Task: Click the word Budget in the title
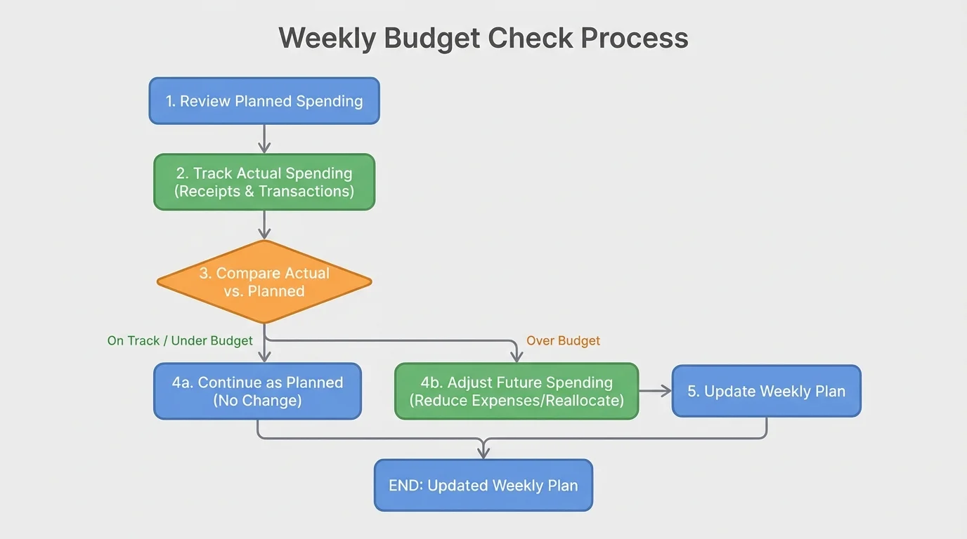pyautogui.click(x=431, y=38)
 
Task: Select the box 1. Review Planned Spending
pyautogui.click(x=264, y=101)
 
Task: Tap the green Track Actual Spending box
pyautogui.click(x=264, y=182)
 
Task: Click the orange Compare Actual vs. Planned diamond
pyautogui.click(x=264, y=282)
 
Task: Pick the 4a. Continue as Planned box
pyautogui.click(x=257, y=391)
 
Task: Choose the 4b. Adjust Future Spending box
pyautogui.click(x=517, y=391)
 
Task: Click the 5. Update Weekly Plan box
pyautogui.click(x=766, y=391)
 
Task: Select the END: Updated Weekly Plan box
pyautogui.click(x=483, y=485)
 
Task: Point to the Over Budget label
pyautogui.click(x=563, y=341)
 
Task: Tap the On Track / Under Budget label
pyautogui.click(x=180, y=341)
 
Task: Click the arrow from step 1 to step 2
pyautogui.click(x=264, y=139)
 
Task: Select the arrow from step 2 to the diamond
pyautogui.click(x=264, y=225)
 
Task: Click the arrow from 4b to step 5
pyautogui.click(x=655, y=391)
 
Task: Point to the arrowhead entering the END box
pyautogui.click(x=483, y=453)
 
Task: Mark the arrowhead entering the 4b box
pyautogui.click(x=517, y=357)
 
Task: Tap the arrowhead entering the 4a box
pyautogui.click(x=264, y=357)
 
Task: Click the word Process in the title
pyautogui.click(x=635, y=38)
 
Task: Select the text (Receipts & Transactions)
pyautogui.click(x=264, y=191)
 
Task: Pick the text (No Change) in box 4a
pyautogui.click(x=257, y=401)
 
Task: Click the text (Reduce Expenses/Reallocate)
pyautogui.click(x=517, y=401)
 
